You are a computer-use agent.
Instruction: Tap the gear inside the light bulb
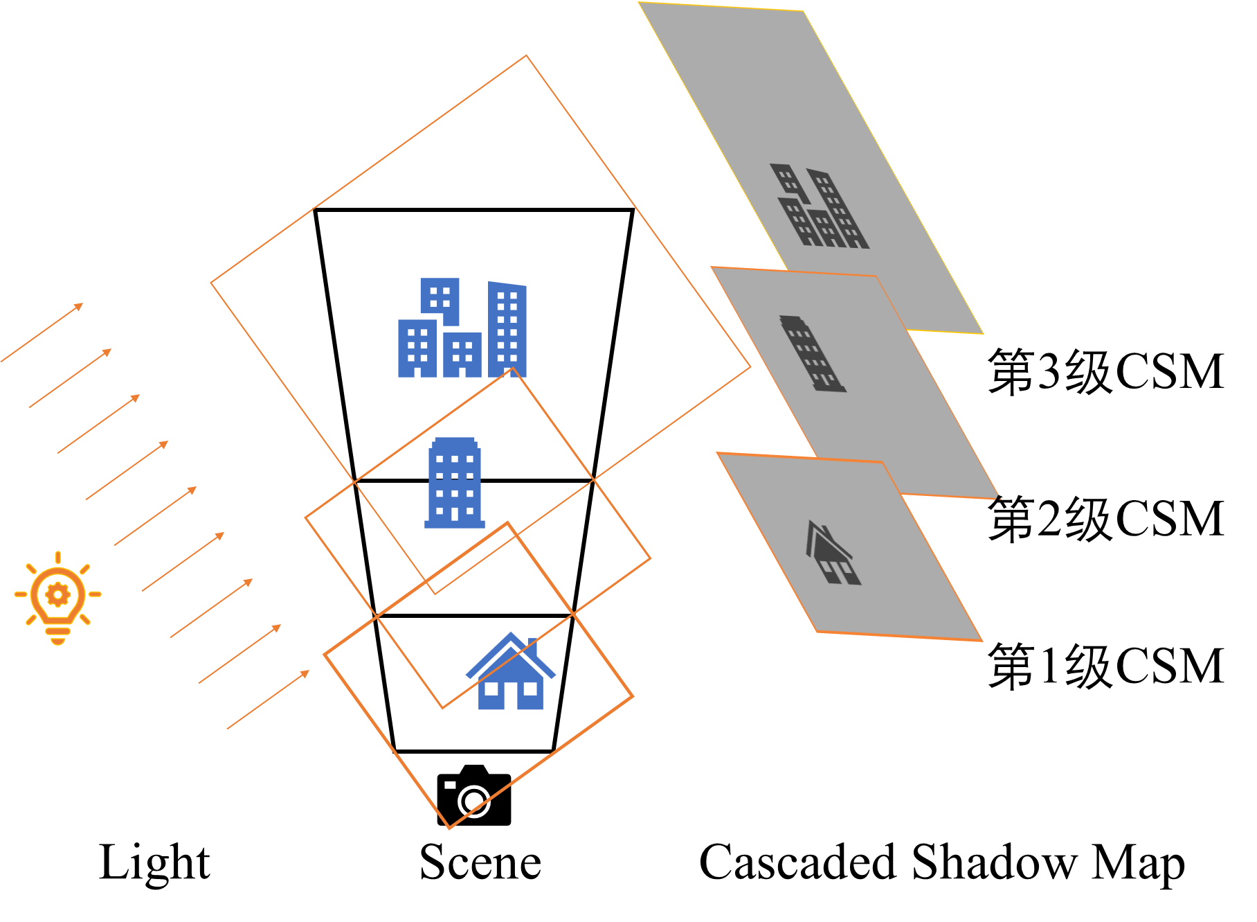click(x=57, y=594)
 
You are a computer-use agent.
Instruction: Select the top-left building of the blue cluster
click(x=440, y=299)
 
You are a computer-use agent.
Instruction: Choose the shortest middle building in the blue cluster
click(x=462, y=355)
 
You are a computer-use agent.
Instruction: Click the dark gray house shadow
click(x=833, y=554)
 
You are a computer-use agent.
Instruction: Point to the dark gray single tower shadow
click(x=813, y=354)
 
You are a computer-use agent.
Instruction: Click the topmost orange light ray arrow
click(x=42, y=333)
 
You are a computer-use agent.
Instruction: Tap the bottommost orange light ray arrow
click(x=268, y=700)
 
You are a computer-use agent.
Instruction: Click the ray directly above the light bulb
click(x=58, y=557)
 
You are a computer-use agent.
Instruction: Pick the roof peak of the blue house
click(x=511, y=634)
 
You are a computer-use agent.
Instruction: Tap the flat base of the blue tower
click(x=455, y=524)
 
